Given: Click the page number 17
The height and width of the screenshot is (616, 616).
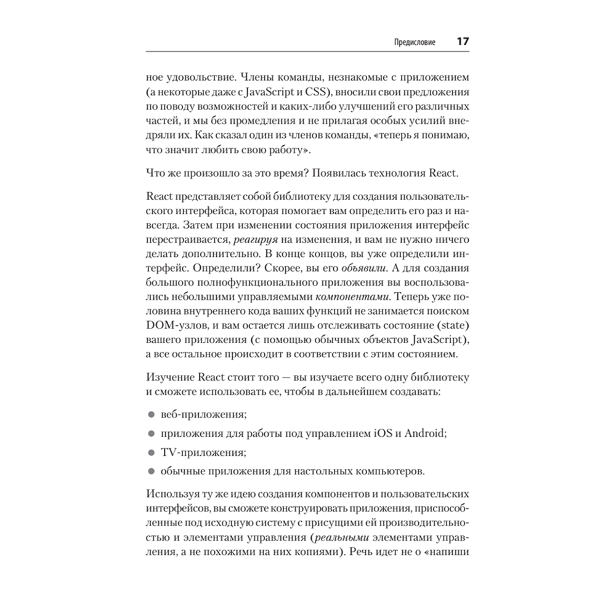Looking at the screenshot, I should pyautogui.click(x=463, y=43).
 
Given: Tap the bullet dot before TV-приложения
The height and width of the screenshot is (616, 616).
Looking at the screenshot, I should pyautogui.click(x=151, y=452).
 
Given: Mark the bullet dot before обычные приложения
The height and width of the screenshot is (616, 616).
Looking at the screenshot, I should pyautogui.click(x=151, y=471).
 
